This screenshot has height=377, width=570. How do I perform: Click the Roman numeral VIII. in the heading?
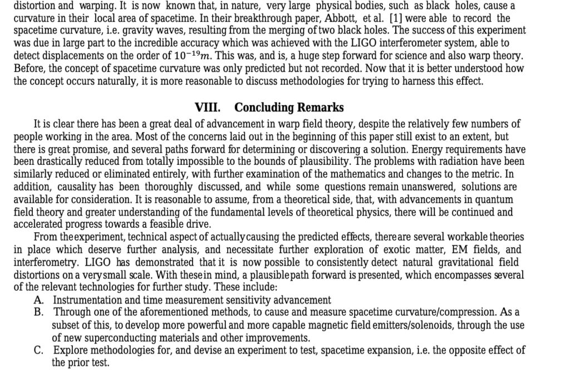pos(207,107)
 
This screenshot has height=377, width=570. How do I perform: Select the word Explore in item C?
pos(70,351)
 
